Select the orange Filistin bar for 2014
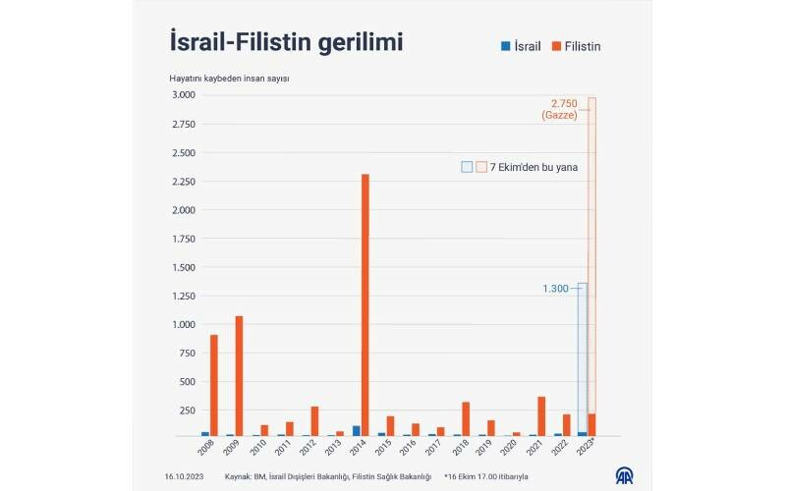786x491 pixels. [x=365, y=304]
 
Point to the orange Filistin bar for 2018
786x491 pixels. [x=466, y=418]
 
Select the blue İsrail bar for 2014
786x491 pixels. [x=356, y=430]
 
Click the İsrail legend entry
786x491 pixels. [x=521, y=46]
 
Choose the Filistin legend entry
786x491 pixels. [x=577, y=46]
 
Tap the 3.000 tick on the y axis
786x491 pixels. [x=182, y=95]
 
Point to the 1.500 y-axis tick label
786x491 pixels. [x=182, y=267]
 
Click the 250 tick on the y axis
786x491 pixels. [x=186, y=410]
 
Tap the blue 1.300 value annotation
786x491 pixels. [x=555, y=289]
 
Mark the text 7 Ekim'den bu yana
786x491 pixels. [x=533, y=167]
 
